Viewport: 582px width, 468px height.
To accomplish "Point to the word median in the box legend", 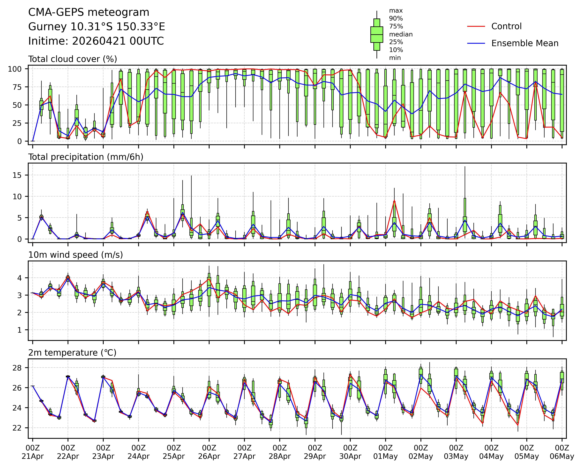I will tap(401, 34).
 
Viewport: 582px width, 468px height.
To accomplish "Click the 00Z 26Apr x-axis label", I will tap(209, 452).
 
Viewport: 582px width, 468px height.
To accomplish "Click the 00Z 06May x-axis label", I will tap(562, 452).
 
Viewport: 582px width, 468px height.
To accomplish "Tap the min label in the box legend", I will tap(395, 58).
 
